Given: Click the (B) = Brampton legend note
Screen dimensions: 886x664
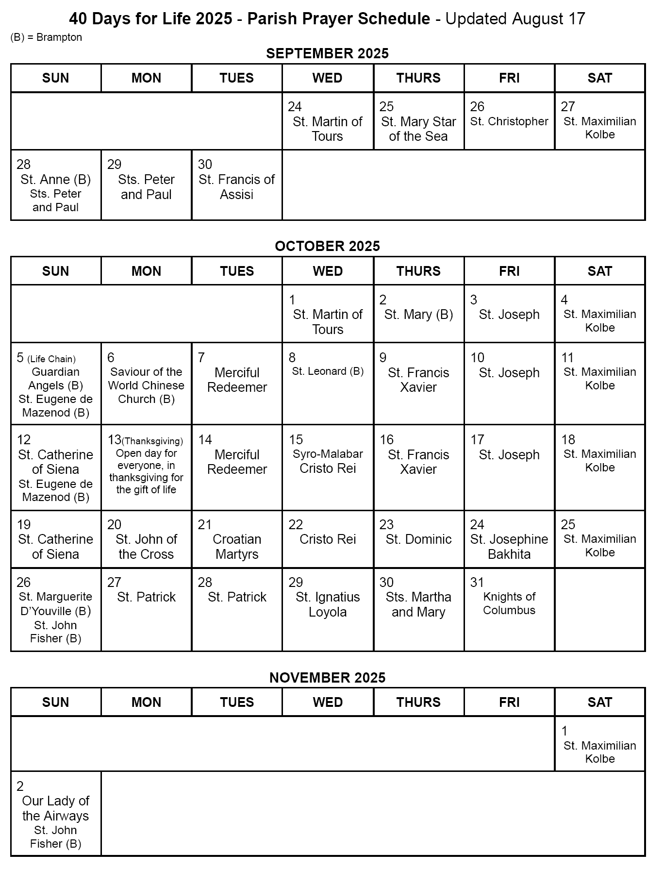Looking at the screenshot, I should point(46,37).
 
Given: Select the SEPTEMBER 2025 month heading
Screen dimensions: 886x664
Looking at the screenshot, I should point(327,53).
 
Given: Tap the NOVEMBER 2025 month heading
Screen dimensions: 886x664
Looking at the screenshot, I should point(327,678).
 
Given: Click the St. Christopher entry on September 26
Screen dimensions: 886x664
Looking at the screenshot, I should point(509,121).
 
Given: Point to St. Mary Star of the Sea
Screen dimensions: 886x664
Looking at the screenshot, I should point(418,129).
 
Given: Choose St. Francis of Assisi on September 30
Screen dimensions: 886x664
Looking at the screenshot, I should point(237,187).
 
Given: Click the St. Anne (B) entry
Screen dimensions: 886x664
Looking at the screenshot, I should point(56,180).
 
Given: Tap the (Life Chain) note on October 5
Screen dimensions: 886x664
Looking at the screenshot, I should point(51,359).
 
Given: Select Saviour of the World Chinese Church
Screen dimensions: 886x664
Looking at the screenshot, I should point(146,385).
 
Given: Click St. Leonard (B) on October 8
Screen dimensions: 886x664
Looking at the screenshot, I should point(328,371).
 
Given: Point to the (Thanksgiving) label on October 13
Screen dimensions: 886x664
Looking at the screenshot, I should point(152,441).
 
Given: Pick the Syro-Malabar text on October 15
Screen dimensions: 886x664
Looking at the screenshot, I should point(328,454).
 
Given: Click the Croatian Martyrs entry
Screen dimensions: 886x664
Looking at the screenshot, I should point(237,547).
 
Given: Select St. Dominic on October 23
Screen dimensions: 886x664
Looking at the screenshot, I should point(418,539).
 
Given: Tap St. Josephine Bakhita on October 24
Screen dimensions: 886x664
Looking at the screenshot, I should point(509,547).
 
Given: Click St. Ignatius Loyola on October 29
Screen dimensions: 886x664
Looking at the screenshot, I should point(328,604).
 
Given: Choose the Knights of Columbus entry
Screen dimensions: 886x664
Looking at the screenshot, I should point(509,603).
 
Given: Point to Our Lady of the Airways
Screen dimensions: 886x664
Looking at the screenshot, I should point(56,808).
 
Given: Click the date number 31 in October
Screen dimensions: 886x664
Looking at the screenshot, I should point(477,583).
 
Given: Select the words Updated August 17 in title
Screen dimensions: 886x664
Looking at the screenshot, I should point(515,19).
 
